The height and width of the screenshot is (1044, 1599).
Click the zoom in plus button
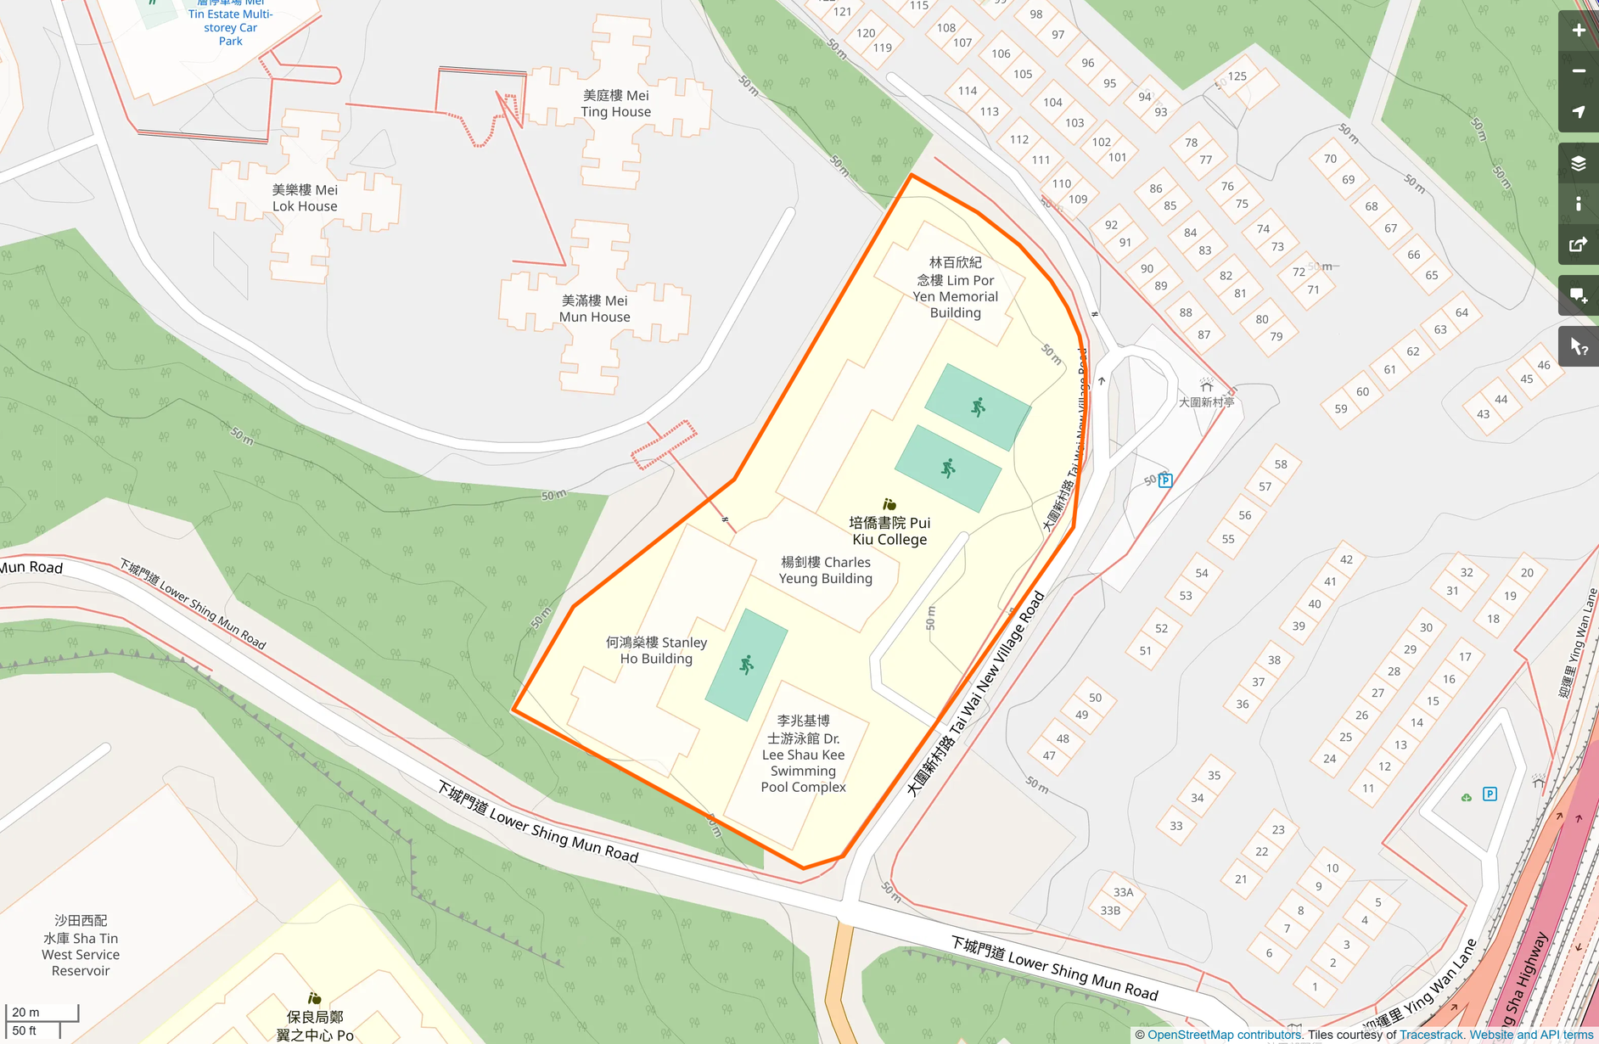click(1578, 31)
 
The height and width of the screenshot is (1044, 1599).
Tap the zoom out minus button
click(1578, 71)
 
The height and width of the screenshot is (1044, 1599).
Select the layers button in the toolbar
click(1578, 164)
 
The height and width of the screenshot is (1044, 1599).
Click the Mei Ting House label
click(615, 104)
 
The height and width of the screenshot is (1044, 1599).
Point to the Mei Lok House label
click(305, 198)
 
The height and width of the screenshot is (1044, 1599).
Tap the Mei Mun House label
click(594, 309)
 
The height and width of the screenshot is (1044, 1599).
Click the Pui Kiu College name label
click(889, 530)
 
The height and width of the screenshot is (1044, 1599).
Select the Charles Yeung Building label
click(825, 570)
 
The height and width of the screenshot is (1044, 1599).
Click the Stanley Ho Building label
click(656, 650)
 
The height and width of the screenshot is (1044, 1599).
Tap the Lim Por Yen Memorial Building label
click(955, 288)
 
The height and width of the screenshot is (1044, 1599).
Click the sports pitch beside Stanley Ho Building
click(747, 665)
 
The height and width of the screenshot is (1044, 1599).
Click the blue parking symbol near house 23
click(1490, 794)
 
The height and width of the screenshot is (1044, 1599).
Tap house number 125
click(1237, 76)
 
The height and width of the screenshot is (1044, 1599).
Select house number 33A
click(1123, 892)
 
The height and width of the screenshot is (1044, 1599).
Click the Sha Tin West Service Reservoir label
click(81, 946)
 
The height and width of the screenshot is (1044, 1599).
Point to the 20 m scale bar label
click(25, 1012)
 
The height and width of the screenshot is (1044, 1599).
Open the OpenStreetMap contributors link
click(1224, 1035)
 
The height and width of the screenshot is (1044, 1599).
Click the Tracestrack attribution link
click(1431, 1035)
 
